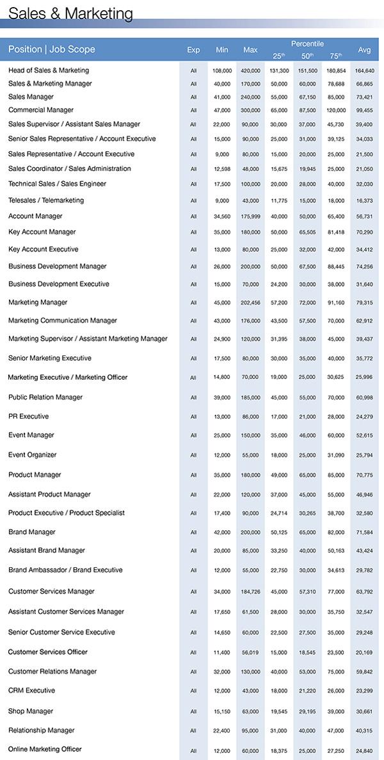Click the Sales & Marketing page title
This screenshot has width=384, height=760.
pos(71,13)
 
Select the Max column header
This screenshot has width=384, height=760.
pos(250,49)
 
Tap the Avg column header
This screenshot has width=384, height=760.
pos(364,49)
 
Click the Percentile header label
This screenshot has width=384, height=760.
pos(307,43)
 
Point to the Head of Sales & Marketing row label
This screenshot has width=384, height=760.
pos(49,70)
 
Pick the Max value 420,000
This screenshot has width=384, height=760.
pos(250,70)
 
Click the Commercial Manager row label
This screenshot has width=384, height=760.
pos(41,110)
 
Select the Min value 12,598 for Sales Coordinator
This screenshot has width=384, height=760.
pos(222,169)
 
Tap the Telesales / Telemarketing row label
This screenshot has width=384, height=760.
pos(46,200)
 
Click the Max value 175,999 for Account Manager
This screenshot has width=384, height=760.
pos(250,216)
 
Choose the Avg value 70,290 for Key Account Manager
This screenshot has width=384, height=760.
pos(364,232)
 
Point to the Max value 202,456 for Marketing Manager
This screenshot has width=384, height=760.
pos(250,303)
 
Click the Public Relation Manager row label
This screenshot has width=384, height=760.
pos(45,398)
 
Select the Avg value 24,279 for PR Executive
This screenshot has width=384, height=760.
pos(364,417)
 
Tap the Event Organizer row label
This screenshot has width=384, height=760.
pos(33,455)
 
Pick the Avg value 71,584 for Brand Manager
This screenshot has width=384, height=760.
pos(364,533)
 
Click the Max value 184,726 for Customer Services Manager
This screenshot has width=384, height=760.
pos(250,592)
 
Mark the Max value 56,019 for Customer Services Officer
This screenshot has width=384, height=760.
pos(250,652)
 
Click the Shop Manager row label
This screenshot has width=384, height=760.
pos(31,711)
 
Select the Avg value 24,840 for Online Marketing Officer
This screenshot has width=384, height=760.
pos(364,750)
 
